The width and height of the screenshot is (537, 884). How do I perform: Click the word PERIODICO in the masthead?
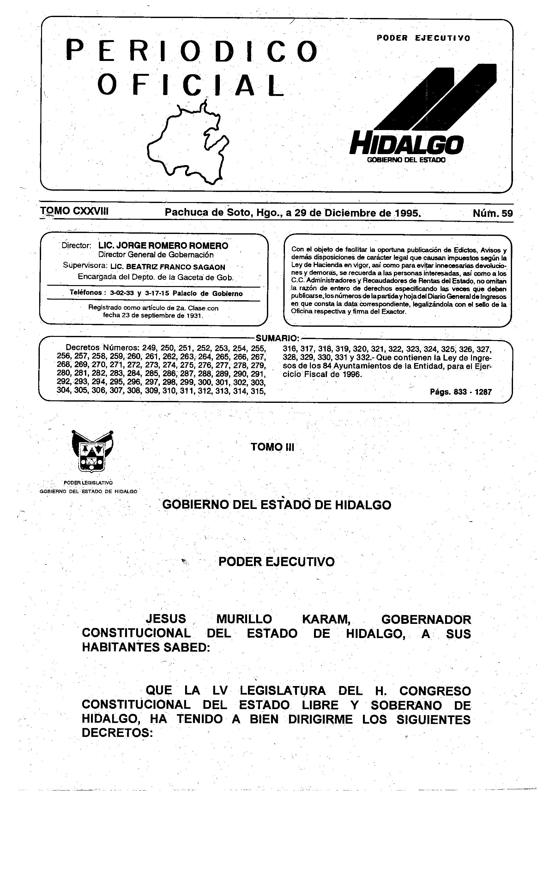tap(192, 51)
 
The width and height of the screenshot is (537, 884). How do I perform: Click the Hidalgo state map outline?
tap(188, 144)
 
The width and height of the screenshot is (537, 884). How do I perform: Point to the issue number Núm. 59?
tap(492, 213)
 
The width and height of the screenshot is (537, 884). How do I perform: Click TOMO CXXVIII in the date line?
tap(74, 211)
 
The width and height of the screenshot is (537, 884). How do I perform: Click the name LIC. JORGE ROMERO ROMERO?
tap(163, 246)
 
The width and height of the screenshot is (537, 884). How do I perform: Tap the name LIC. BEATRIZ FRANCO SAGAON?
tap(168, 267)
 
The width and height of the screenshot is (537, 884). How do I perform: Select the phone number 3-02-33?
tap(122, 293)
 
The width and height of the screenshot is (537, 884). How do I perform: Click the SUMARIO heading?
tap(277, 338)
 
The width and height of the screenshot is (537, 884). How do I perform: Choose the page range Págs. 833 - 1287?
tap(461, 392)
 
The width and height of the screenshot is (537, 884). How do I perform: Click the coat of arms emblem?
tap(93, 451)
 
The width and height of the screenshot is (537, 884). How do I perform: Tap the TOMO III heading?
tap(272, 447)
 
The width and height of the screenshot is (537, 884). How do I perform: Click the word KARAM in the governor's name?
tap(326, 619)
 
